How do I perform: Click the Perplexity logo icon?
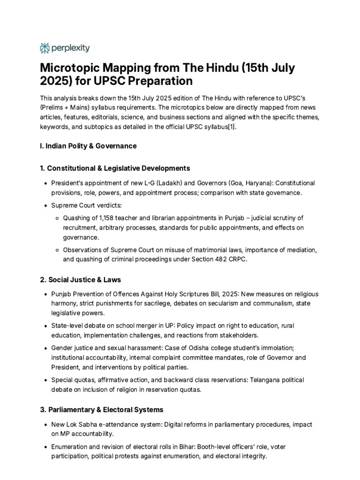45,48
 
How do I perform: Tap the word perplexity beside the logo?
70,48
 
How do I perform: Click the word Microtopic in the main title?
69,68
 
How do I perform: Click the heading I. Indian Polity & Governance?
88,146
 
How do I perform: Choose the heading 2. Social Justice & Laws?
80,279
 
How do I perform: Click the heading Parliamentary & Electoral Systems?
105,409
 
